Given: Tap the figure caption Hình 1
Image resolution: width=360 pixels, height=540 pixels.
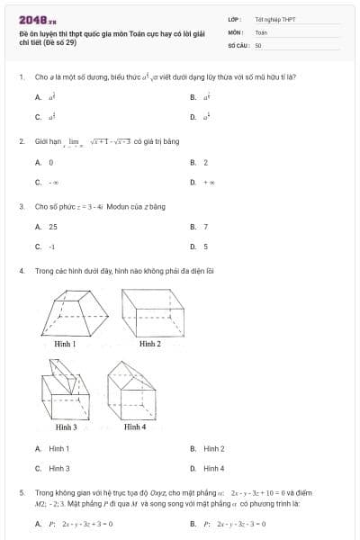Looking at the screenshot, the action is (x=65, y=344).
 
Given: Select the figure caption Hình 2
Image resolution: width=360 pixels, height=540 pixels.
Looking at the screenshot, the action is (x=150, y=344).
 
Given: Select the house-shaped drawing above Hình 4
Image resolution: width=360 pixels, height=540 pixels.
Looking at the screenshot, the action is (x=130, y=390).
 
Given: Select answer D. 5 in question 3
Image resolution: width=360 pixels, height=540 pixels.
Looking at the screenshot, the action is (x=205, y=246).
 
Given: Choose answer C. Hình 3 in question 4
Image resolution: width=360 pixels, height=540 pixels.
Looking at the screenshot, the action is (x=58, y=468).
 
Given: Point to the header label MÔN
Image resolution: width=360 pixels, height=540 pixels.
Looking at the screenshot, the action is (x=236, y=31).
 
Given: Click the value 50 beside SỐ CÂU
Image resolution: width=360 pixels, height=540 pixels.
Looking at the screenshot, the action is (x=258, y=44).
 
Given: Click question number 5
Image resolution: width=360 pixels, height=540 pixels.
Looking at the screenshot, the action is (x=21, y=493).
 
